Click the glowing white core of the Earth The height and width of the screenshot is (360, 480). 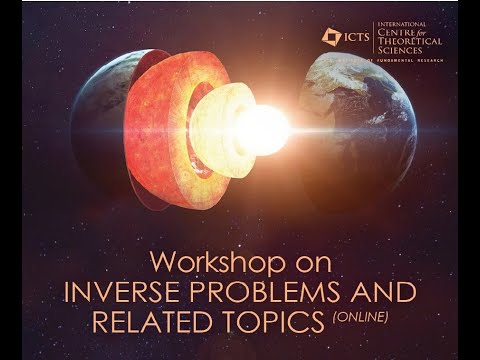(262, 130)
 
